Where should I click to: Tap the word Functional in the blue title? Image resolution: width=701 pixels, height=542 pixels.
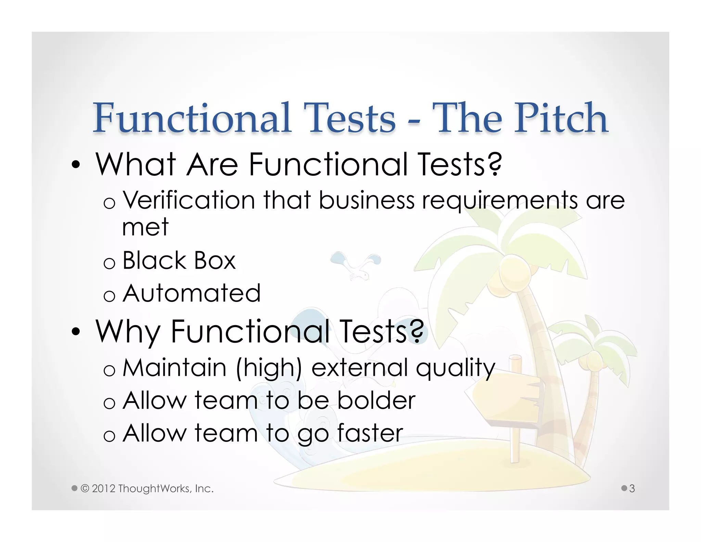click(x=192, y=118)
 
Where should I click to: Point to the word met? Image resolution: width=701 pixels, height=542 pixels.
click(x=145, y=227)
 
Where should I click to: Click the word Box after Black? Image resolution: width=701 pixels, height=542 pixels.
click(x=215, y=260)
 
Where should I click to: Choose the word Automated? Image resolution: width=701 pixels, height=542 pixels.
click(x=192, y=293)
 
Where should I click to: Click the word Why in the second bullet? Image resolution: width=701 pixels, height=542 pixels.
click(x=128, y=332)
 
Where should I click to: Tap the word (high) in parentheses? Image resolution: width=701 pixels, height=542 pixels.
click(x=269, y=368)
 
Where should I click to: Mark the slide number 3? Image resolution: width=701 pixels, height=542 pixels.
click(x=632, y=488)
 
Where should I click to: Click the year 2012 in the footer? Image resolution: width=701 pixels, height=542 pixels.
click(x=103, y=489)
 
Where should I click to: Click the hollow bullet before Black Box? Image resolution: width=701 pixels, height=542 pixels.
click(x=109, y=263)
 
